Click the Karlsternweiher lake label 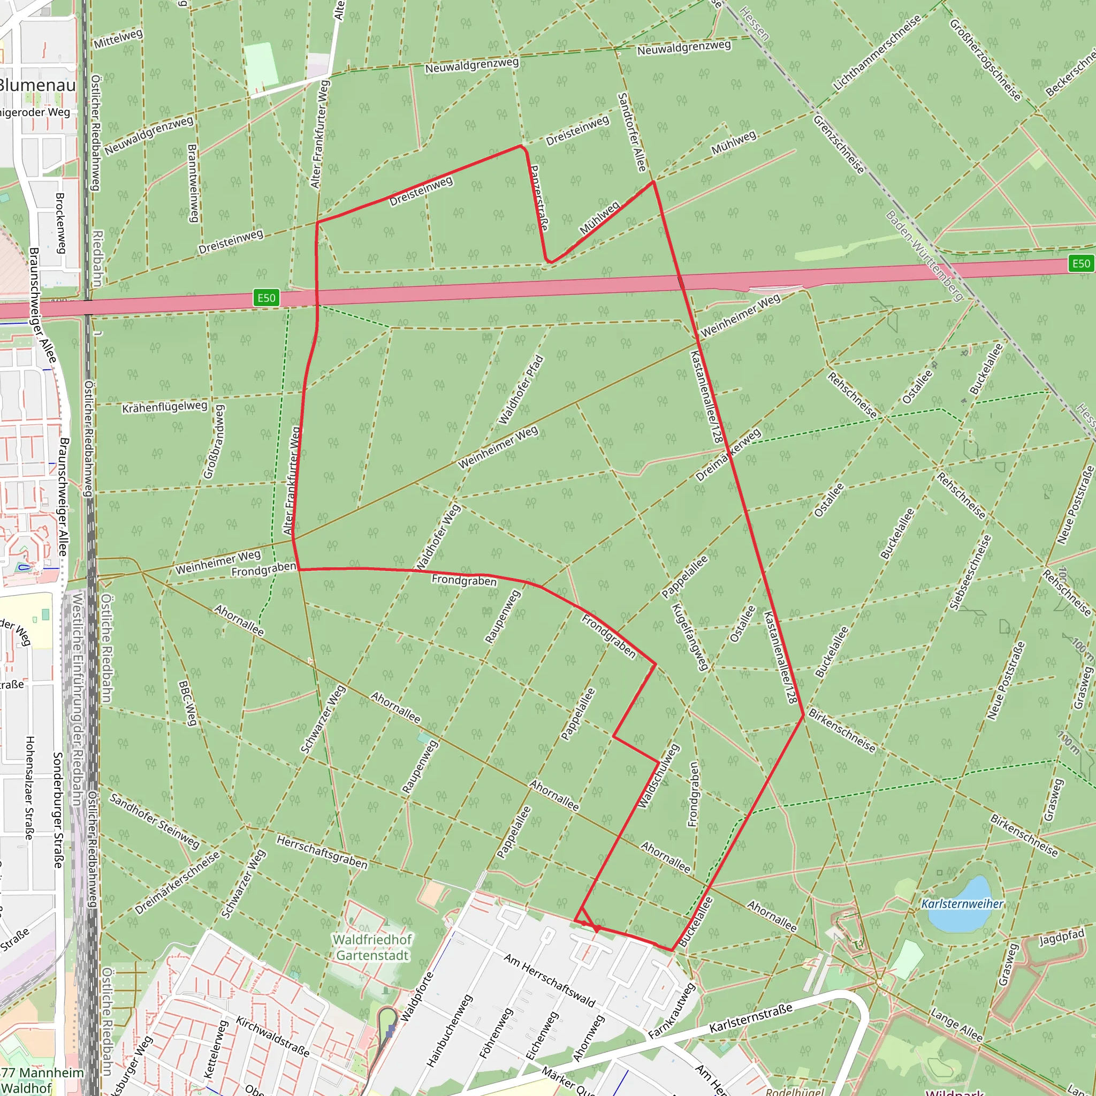click(x=962, y=904)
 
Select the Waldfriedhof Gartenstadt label click(x=372, y=947)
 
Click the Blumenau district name click(x=37, y=86)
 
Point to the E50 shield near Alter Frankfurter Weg click(x=267, y=298)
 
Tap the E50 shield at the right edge click(x=1080, y=263)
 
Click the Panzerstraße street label click(x=539, y=198)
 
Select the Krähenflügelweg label click(x=165, y=407)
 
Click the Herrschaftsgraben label click(x=322, y=852)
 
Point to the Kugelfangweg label click(x=690, y=636)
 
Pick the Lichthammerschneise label click(x=877, y=53)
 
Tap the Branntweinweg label click(x=192, y=182)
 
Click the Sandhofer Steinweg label click(x=154, y=821)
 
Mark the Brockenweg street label click(x=60, y=223)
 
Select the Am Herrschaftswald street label click(x=550, y=980)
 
